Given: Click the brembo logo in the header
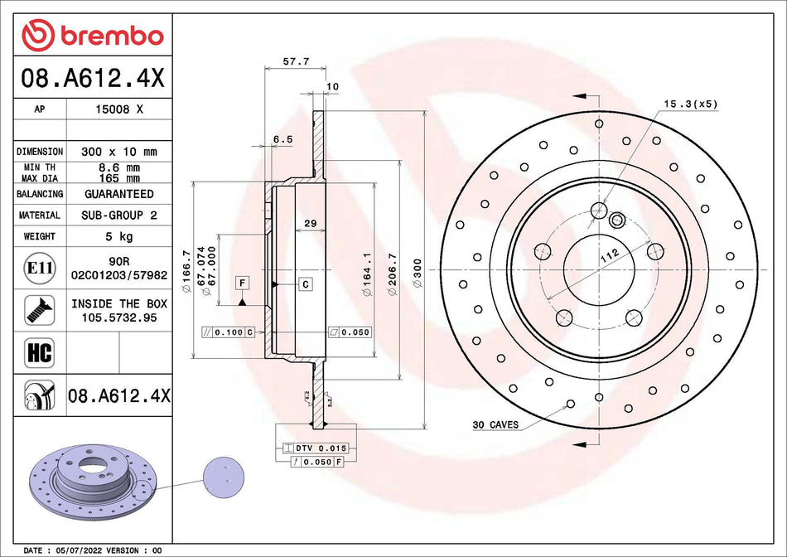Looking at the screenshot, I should click(x=93, y=36).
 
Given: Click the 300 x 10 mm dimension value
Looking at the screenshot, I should click(x=119, y=152).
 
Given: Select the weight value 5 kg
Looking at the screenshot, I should click(x=119, y=236).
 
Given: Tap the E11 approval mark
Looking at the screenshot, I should click(x=40, y=267).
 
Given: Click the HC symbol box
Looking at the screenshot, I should click(x=40, y=352).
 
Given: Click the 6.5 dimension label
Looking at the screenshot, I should click(x=282, y=140).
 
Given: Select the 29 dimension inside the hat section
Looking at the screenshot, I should click(x=310, y=224).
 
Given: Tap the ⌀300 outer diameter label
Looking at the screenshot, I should click(x=418, y=271).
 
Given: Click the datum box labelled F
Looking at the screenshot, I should click(x=242, y=283).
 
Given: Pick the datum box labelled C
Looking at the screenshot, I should click(x=305, y=284).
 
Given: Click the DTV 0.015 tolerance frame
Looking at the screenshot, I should click(x=314, y=448).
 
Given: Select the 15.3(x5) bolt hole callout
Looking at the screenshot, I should click(x=690, y=104).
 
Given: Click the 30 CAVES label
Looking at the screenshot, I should click(x=495, y=425).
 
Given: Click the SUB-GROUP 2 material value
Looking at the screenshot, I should click(x=119, y=215).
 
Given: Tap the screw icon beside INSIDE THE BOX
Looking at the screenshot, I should click(x=40, y=310).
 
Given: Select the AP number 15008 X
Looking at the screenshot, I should click(x=119, y=109).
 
